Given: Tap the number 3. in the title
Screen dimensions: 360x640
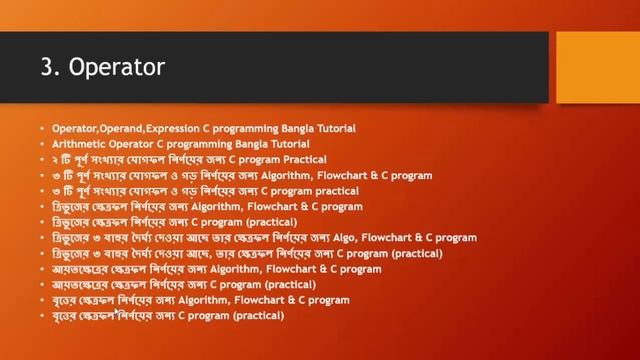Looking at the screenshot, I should (51, 68).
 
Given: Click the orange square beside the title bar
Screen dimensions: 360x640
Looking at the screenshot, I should (598, 67).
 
